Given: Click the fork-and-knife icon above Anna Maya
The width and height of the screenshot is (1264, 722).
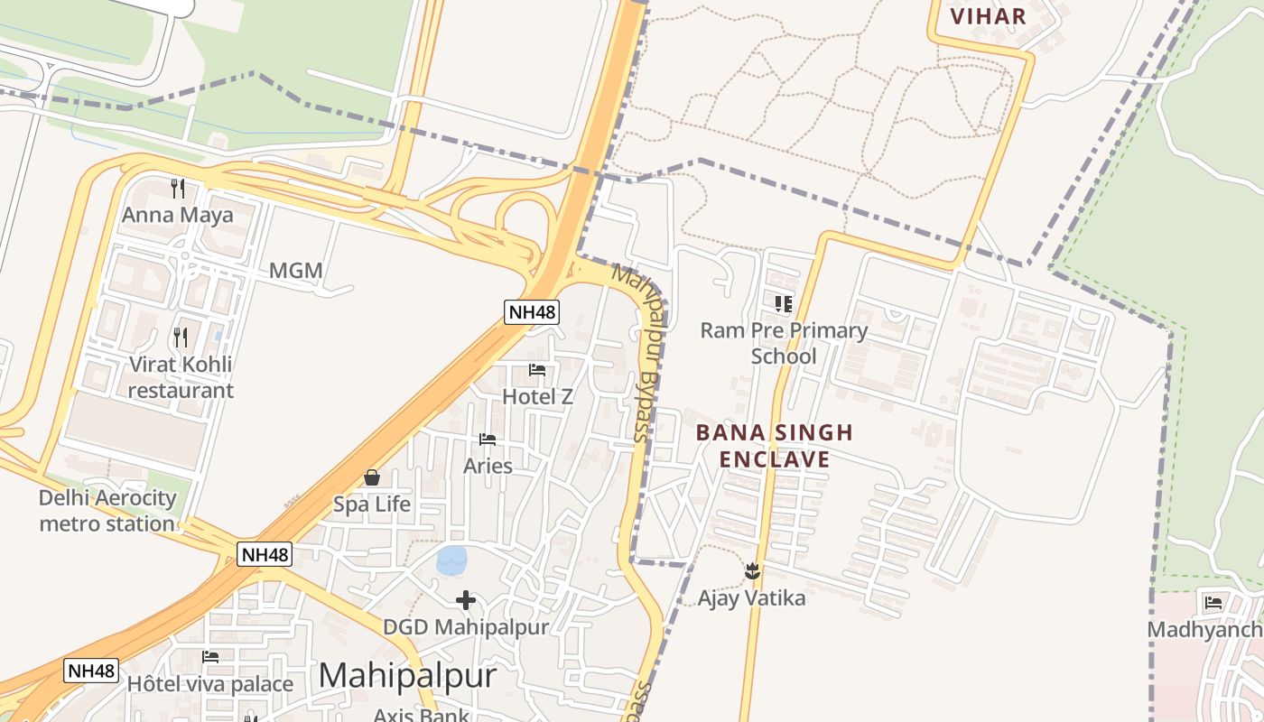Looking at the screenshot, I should click(178, 189).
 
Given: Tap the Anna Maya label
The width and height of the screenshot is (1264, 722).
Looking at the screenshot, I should click(177, 215).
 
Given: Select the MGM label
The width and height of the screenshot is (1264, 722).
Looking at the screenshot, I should click(295, 271).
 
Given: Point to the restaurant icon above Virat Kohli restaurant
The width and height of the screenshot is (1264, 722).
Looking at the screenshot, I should click(181, 338).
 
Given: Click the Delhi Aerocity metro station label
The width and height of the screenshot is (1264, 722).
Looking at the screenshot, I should click(107, 511).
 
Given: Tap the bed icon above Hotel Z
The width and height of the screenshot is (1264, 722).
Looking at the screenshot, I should click(537, 370).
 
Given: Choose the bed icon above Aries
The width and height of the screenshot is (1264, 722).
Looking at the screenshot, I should click(488, 440).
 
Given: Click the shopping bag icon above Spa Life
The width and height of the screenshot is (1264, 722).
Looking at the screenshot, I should click(371, 477).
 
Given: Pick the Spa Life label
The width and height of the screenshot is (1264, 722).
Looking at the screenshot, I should click(372, 504).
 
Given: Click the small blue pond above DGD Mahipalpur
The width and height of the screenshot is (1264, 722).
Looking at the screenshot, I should click(451, 560).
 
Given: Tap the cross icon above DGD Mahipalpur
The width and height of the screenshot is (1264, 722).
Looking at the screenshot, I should click(466, 600).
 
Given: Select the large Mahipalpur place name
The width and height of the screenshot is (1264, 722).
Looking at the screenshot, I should click(407, 675).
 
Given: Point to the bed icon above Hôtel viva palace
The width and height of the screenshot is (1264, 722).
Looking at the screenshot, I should click(210, 657).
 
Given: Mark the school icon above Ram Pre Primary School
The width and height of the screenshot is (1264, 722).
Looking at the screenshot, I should click(783, 304).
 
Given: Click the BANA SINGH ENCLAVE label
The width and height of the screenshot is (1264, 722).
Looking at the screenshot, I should click(774, 446).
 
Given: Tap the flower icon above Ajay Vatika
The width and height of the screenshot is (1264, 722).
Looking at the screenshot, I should click(751, 571).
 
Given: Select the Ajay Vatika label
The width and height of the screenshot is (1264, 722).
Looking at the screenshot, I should click(751, 597).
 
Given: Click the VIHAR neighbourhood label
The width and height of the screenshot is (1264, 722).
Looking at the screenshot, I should click(989, 16).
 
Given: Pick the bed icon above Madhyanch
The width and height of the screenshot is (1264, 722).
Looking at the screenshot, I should click(1213, 603).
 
